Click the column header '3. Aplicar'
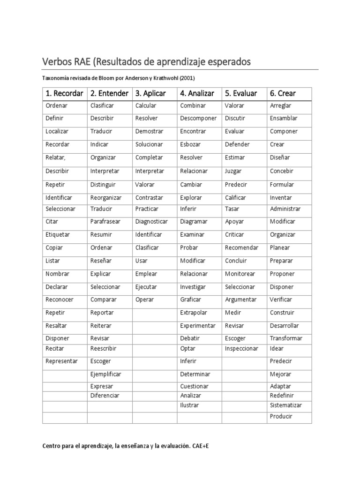click(x=150, y=93)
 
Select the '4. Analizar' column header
click(x=197, y=93)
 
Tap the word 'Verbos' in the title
click(x=60, y=61)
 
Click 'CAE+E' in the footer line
click(x=200, y=446)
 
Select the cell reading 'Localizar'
click(x=57, y=131)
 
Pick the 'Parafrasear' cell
click(x=105, y=221)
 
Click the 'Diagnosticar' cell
click(x=151, y=221)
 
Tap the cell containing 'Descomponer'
click(x=198, y=118)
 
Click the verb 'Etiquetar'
click(x=58, y=234)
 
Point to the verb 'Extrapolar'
click(x=193, y=313)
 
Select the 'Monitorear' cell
click(x=240, y=274)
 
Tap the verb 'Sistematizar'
click(x=286, y=405)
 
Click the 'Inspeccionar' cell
click(x=241, y=348)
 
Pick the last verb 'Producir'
click(x=281, y=416)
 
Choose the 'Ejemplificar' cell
click(x=105, y=374)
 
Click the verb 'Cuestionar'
click(x=195, y=386)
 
